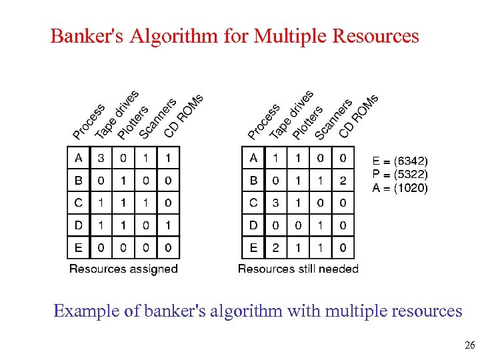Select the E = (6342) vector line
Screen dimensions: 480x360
point(400,161)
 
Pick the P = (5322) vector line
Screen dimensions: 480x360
point(400,175)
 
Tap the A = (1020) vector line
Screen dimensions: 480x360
point(400,188)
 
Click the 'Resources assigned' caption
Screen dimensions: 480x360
point(123,269)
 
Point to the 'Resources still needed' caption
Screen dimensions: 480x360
point(298,269)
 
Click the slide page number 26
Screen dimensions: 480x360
point(469,345)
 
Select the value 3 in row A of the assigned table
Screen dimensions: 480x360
point(101,157)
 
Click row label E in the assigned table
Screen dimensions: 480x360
point(78,248)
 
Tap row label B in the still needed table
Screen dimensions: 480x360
point(253,180)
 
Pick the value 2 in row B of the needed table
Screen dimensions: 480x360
point(343,180)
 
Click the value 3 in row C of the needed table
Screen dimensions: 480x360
point(275,203)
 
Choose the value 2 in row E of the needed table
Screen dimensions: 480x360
point(275,248)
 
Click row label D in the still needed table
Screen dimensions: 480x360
point(253,225)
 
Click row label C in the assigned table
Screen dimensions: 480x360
point(78,203)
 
